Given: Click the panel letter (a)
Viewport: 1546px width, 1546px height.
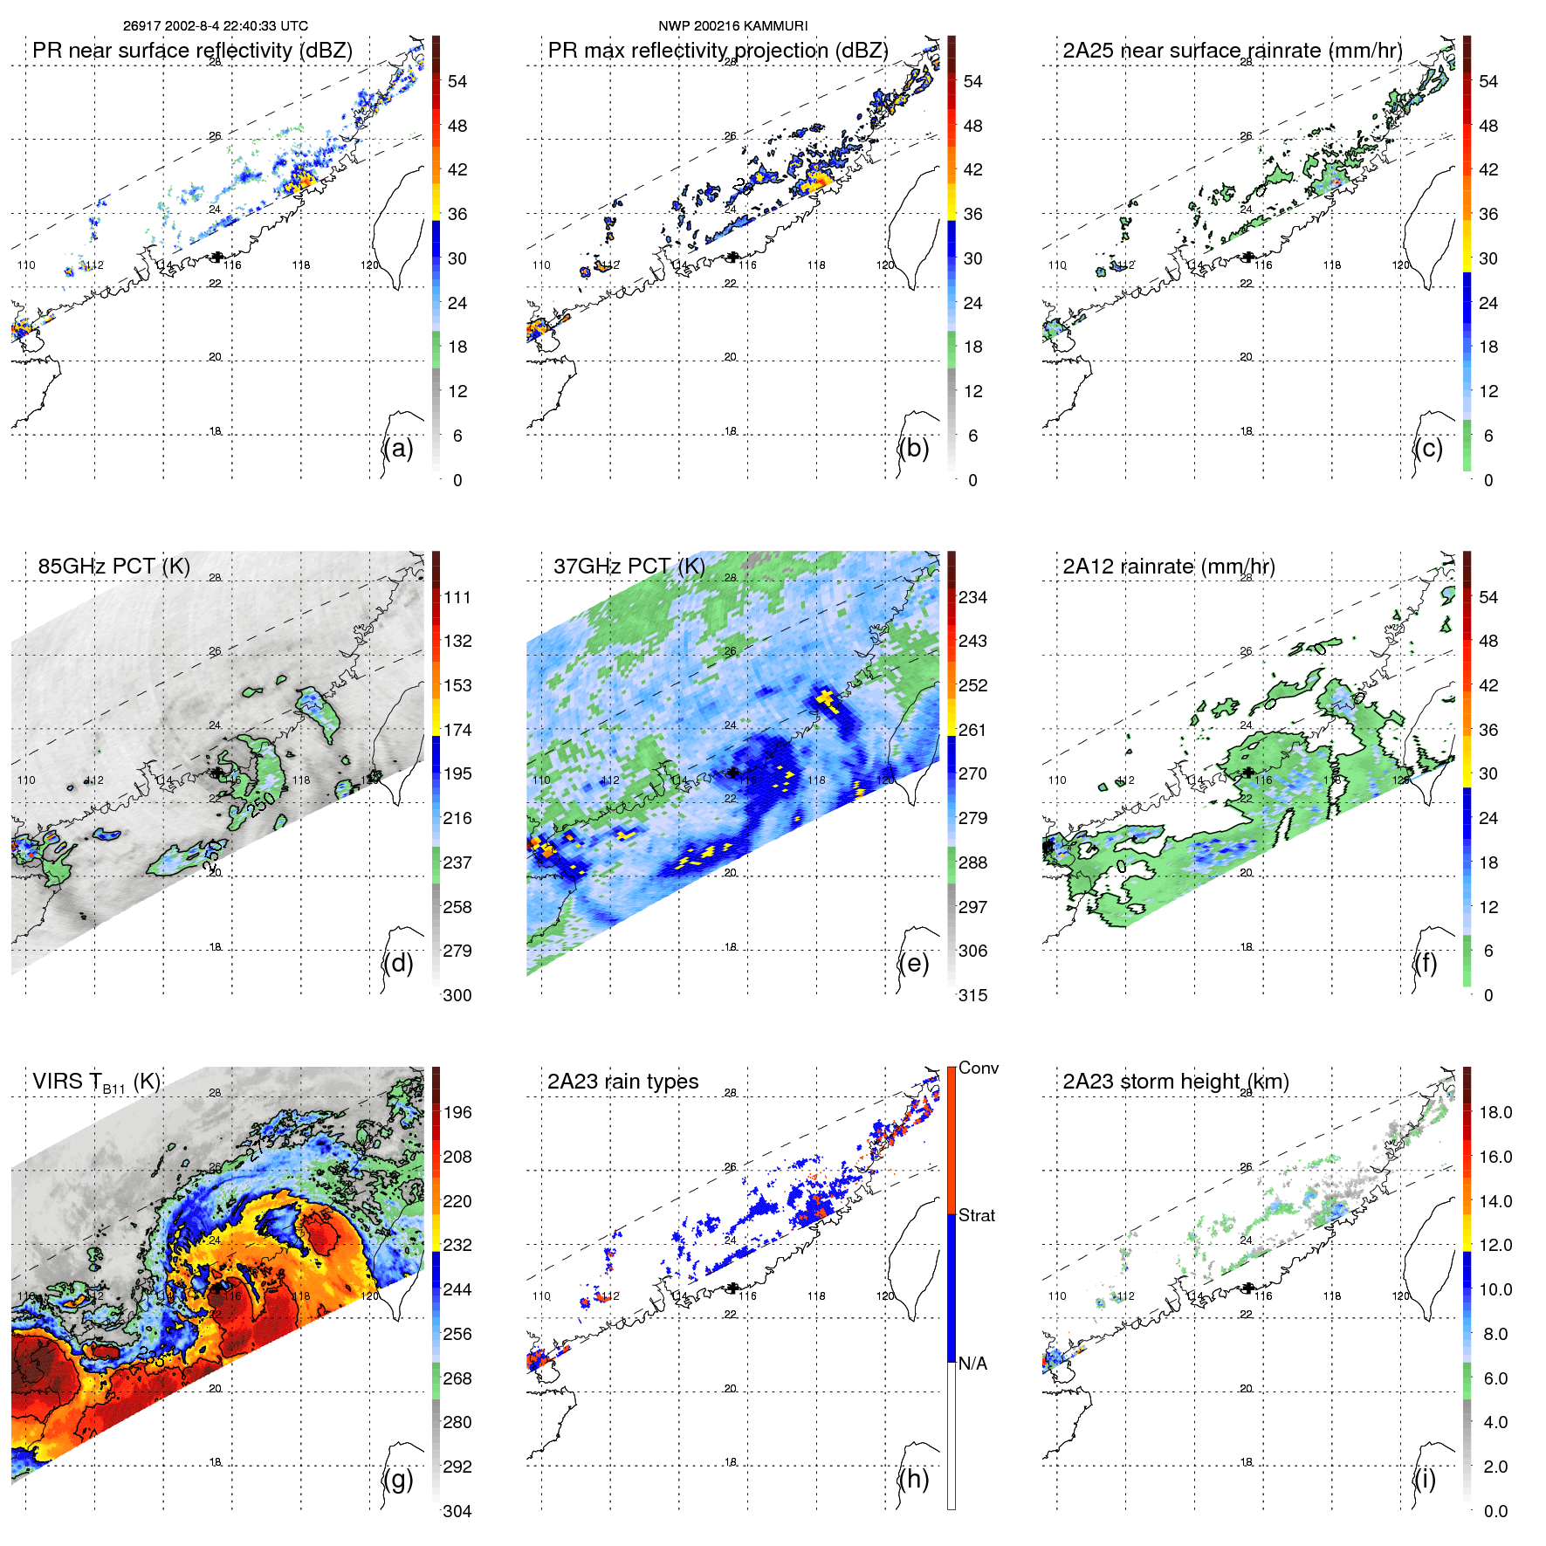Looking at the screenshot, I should [398, 449].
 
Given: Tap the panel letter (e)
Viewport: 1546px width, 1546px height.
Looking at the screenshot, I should [913, 964].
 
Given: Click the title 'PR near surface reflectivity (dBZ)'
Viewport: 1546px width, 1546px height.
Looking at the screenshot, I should [192, 51].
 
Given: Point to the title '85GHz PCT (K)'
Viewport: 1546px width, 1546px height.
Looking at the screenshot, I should [113, 566].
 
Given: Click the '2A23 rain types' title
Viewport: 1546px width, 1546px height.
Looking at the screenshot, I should [622, 1082].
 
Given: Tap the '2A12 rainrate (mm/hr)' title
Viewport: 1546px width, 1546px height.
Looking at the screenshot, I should [1168, 567].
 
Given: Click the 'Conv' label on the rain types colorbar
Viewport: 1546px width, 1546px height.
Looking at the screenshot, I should [978, 1068].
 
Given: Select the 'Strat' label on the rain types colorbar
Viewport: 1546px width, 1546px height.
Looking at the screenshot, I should [976, 1215].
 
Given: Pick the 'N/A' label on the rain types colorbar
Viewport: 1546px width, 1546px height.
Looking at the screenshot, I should [972, 1364].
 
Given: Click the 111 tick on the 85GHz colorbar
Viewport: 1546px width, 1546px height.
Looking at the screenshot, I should [457, 597].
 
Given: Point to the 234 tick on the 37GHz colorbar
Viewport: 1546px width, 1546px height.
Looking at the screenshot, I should [972, 597].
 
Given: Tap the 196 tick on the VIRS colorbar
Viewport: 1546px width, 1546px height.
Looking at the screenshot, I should [457, 1112].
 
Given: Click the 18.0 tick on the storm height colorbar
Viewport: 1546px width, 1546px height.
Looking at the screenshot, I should [1494, 1112].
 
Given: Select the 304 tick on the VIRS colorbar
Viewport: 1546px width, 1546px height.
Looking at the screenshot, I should [457, 1511].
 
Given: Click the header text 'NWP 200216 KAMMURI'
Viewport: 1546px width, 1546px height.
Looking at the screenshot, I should [732, 26].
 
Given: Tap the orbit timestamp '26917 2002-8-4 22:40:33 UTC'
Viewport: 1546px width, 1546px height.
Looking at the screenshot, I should [215, 26].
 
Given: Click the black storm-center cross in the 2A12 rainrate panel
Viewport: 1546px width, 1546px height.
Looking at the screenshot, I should [1248, 772].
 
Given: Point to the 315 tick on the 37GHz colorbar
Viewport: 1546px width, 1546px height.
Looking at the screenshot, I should [972, 995].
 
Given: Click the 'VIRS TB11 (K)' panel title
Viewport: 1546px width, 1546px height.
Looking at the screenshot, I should [96, 1082].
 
